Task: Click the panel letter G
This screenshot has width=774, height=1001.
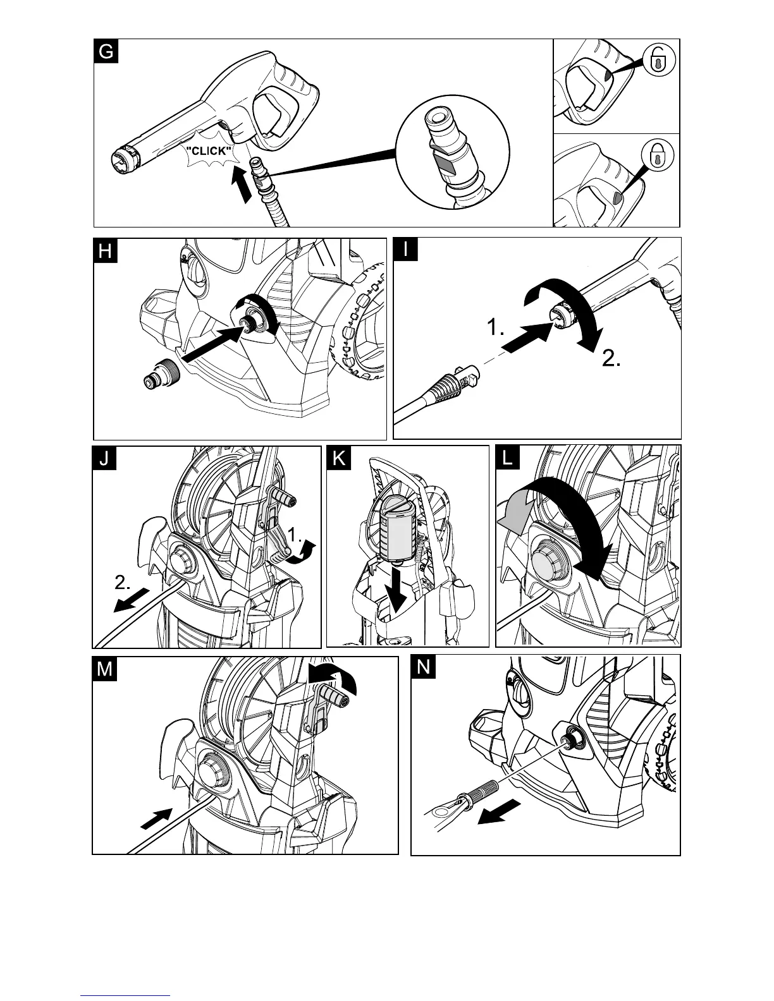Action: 106,51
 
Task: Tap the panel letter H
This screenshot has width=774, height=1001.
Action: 105,251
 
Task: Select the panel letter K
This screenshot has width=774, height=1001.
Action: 339,458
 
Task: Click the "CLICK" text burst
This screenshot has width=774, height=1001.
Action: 208,152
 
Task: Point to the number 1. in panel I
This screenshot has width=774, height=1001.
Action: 496,329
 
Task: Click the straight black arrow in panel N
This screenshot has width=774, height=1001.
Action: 500,812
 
